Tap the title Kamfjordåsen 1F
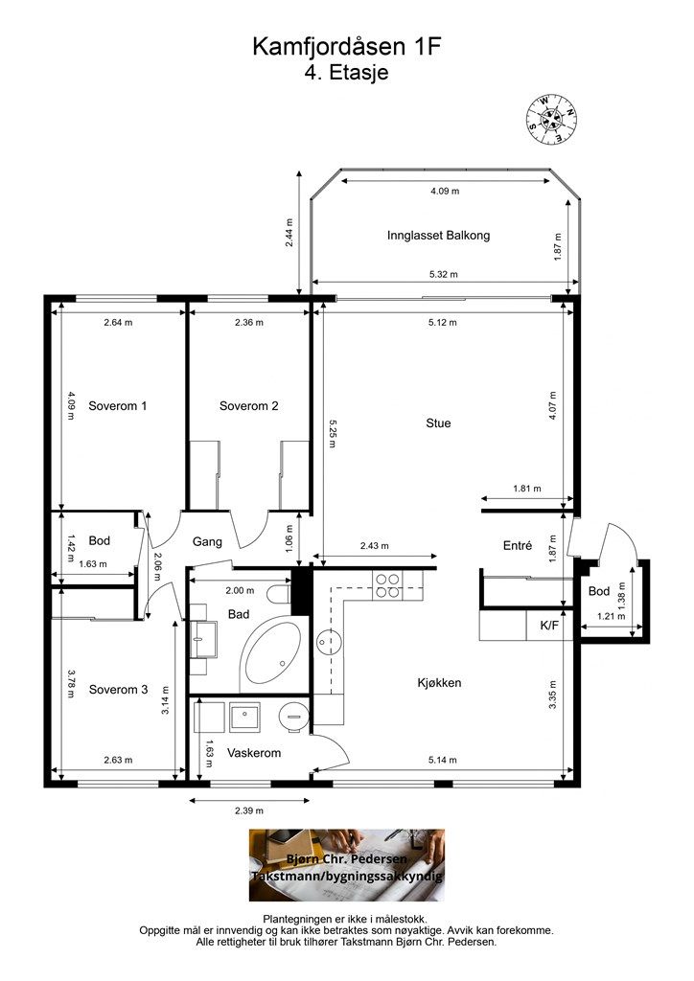click(347, 47)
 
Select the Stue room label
click(438, 423)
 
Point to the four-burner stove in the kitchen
click(387, 585)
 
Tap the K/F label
click(549, 625)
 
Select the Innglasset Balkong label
click(438, 236)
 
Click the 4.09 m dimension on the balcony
click(445, 191)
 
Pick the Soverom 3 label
click(118, 690)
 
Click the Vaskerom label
click(253, 753)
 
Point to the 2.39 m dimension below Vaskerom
click(249, 810)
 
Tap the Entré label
click(518, 545)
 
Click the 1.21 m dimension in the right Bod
click(611, 616)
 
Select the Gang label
click(207, 542)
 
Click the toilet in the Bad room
click(279, 594)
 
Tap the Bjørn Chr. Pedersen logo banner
click(347, 865)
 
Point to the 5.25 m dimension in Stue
click(332, 433)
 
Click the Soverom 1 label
click(118, 406)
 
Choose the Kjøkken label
click(439, 682)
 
